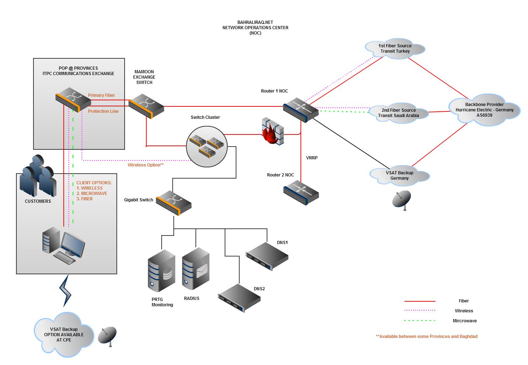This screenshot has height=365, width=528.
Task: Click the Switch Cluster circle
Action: coord(207,145)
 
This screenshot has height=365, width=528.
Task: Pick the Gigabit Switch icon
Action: coord(174,203)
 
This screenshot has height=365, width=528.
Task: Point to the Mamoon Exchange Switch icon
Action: coord(146,106)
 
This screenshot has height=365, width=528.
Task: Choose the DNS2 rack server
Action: coord(239,298)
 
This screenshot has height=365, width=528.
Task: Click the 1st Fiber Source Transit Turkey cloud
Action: coord(395,48)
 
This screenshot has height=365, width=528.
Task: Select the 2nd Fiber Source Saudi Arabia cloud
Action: coord(398,113)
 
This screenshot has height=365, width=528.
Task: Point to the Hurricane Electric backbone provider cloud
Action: coord(485,110)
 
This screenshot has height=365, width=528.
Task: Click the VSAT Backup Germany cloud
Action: coord(399,175)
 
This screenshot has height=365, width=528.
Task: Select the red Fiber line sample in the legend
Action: coord(420,301)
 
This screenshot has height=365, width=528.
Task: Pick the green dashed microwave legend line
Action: coord(420,321)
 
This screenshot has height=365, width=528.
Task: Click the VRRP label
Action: coord(312,158)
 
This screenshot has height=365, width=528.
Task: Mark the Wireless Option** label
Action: coord(146,165)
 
